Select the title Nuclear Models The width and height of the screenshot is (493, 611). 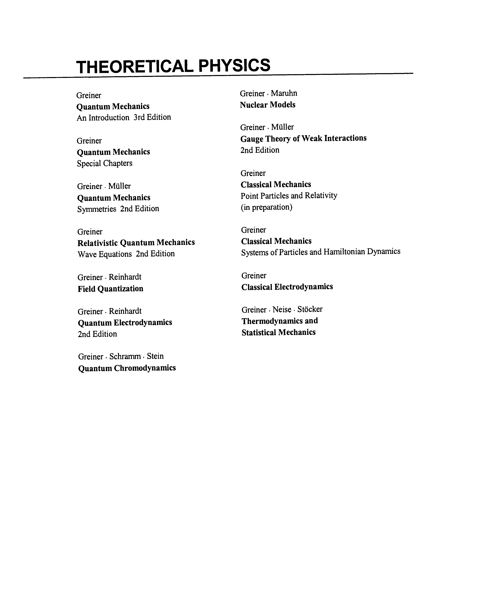[268, 105]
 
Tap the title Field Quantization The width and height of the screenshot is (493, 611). [110, 289]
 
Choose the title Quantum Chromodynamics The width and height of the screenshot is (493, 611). [127, 368]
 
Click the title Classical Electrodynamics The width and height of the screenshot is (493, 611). [287, 287]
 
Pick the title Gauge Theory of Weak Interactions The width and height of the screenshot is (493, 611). [303, 138]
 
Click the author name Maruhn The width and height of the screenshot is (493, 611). [284, 93]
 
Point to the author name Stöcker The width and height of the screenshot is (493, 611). [310, 309]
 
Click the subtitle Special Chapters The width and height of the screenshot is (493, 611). [104, 163]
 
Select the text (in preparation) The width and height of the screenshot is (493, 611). [266, 207]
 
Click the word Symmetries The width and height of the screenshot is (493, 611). [96, 209]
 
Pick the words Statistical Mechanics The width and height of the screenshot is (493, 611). [278, 332]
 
